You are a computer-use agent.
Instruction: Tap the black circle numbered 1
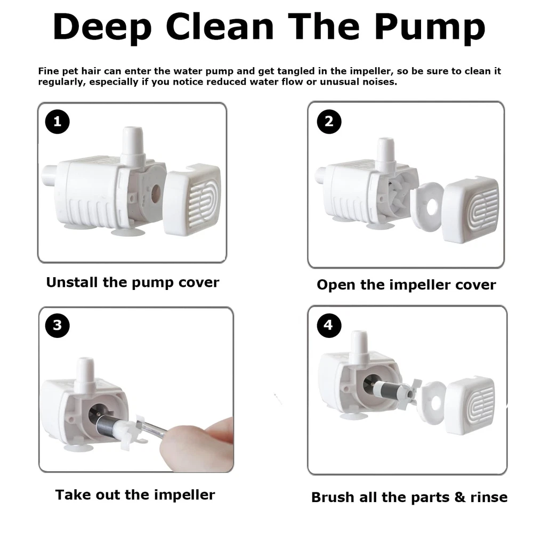coord(58,122)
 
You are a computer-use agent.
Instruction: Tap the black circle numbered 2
coord(329,122)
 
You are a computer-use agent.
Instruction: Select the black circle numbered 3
coord(58,325)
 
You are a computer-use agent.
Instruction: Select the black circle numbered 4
coord(329,325)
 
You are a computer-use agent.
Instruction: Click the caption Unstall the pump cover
coord(133,282)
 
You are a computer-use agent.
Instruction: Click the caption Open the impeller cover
coord(406,285)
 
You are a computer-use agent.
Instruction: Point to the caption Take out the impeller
coord(135,495)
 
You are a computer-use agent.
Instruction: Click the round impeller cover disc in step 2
coord(427,206)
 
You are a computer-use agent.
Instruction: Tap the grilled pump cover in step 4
coord(470,405)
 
